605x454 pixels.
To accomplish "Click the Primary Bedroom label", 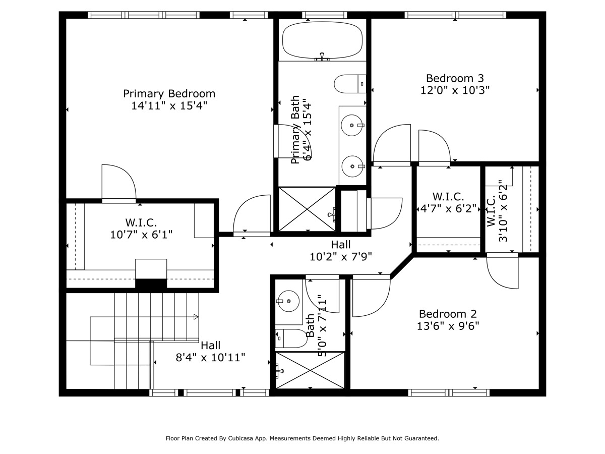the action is tap(169, 94).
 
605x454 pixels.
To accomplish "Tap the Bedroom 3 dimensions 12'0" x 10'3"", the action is tap(455, 90).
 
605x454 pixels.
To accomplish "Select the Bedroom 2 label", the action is tap(448, 314).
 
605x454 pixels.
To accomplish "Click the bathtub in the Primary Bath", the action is tap(322, 40).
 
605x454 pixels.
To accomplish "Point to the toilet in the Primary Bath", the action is tap(350, 84).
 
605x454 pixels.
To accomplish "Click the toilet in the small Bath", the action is tap(291, 338).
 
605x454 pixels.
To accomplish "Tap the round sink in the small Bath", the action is tap(288, 301).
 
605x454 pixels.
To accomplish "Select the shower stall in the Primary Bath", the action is tap(307, 209).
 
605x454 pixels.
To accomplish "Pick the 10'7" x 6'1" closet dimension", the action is tap(141, 235).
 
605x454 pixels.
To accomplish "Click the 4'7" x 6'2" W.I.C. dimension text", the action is tap(448, 209).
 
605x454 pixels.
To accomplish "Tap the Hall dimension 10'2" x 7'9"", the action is tap(341, 257).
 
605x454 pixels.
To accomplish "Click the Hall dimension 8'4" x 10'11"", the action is tap(211, 358).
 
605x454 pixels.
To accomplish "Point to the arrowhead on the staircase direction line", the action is tap(196, 317).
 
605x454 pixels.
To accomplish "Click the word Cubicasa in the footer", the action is tap(239, 438).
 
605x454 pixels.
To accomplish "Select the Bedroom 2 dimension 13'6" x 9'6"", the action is tap(448, 326).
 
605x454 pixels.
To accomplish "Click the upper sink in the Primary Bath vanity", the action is tap(352, 126).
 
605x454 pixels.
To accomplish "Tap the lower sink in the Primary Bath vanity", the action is tap(352, 166).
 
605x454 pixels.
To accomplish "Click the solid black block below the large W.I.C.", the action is tap(151, 283).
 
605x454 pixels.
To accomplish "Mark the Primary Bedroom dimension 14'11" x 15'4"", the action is tap(169, 106).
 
